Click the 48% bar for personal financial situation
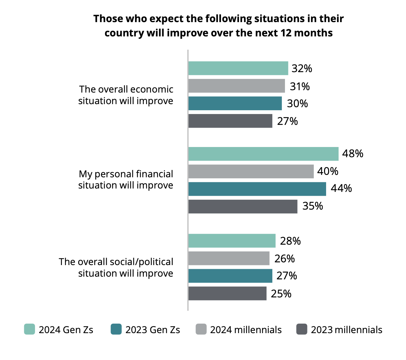263,154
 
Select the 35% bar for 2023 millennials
243,207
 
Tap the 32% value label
302,68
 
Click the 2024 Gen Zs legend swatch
29,329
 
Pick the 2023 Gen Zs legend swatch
116,329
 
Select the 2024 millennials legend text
246,330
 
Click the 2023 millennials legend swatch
302,329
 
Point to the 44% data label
341,188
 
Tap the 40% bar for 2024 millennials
251,171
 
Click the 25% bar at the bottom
227,293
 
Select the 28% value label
290,241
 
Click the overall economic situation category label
126,95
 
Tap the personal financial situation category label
126,180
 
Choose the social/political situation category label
116,267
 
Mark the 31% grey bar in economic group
236,86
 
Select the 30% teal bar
235,103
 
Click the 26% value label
284,259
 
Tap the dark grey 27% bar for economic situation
230,121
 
